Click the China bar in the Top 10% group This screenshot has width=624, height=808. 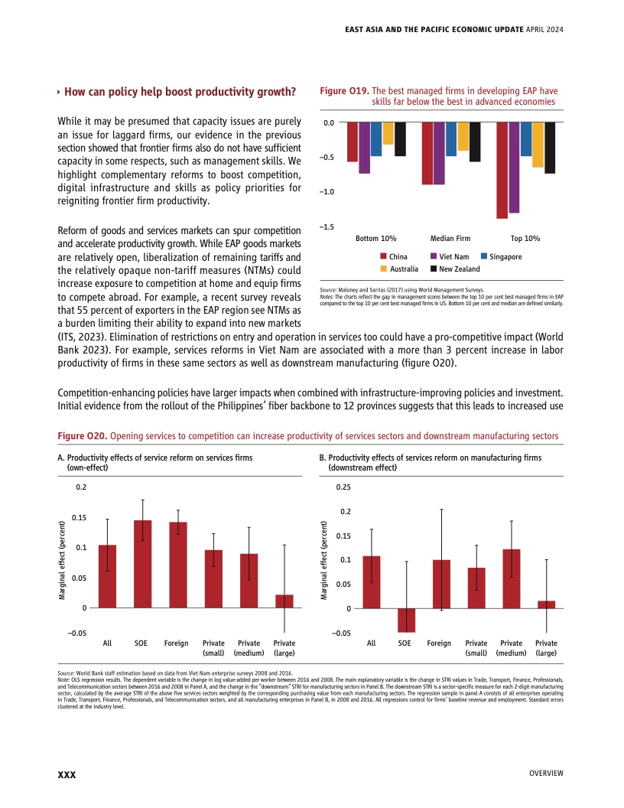502,170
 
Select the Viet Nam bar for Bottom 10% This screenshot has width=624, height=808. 364,148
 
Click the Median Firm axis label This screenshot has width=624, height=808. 450,239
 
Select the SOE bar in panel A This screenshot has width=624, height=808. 142,564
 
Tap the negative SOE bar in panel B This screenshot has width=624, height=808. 406,621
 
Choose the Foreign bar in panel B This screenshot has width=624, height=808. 440,584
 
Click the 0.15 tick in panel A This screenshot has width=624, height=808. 80,518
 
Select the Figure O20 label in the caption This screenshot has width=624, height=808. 83,436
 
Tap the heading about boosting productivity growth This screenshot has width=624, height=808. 180,93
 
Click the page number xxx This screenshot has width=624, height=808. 67,775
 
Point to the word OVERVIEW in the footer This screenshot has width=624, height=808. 546,774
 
